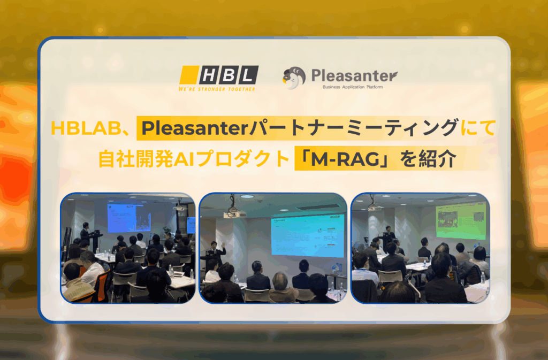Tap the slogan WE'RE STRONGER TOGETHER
pos(217,89)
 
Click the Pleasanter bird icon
pos(293,78)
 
